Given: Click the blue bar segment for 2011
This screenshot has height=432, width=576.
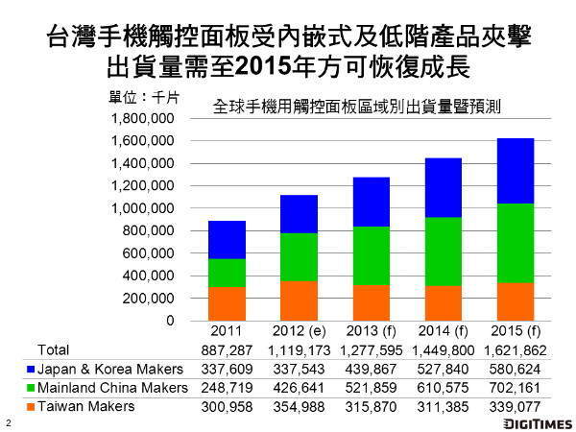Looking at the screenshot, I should (227, 240).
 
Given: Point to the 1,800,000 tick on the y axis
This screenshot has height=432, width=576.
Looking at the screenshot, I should (145, 119).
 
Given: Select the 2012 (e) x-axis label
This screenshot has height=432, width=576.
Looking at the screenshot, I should (300, 331).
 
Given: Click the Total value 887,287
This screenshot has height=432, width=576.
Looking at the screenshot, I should (227, 349).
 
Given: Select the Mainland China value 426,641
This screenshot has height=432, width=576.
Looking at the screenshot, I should (300, 388).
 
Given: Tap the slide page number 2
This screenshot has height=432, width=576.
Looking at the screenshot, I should (9, 422).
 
